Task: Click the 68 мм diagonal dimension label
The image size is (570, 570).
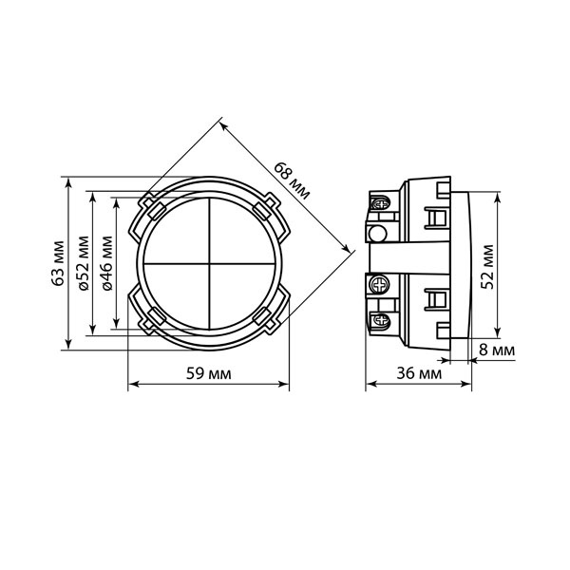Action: point(292,180)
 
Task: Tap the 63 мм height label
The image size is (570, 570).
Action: point(58,263)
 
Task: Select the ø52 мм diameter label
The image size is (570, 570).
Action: point(84,263)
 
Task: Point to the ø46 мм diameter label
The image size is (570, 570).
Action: point(107,263)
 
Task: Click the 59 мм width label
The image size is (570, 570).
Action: point(209,373)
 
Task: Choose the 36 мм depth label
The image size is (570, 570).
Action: point(419,373)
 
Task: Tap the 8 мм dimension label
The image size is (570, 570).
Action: point(497,350)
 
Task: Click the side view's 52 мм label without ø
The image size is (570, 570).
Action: point(487,267)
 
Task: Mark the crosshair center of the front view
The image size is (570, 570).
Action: point(209,263)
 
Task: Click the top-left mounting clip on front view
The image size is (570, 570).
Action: point(152,206)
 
